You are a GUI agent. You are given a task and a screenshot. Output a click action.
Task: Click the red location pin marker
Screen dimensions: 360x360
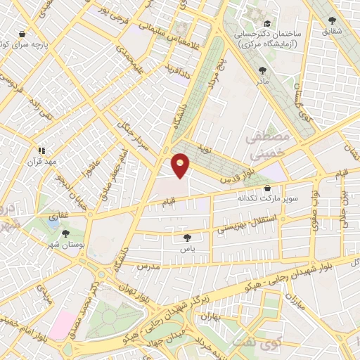click(x=181, y=165)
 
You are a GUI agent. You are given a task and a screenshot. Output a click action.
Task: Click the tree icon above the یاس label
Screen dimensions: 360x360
click(x=186, y=238)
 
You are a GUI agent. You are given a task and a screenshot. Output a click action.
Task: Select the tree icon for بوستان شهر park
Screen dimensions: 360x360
click(x=66, y=233)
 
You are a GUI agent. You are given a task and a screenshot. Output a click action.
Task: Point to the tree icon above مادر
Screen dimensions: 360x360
click(x=263, y=70)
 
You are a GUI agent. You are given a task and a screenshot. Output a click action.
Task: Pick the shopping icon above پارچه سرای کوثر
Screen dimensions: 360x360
click(x=23, y=34)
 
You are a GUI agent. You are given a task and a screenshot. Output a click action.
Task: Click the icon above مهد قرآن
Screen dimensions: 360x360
click(x=41, y=150)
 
